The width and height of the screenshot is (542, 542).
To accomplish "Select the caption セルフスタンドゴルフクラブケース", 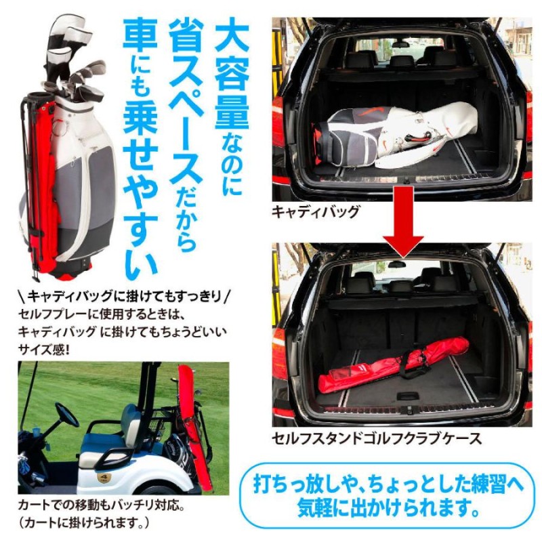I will [x=377, y=438].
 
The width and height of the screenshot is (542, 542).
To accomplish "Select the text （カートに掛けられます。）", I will [x=85, y=523].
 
